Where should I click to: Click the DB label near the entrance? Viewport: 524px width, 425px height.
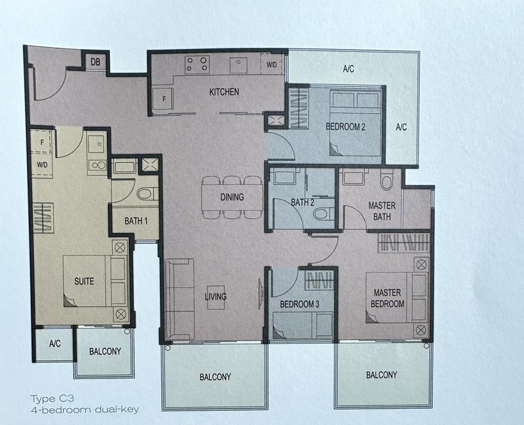tap(96, 63)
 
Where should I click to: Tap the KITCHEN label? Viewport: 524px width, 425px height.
tap(223, 92)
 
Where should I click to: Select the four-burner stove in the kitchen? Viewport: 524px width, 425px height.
tap(196, 64)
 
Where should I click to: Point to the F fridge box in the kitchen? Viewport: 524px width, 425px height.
tap(163, 100)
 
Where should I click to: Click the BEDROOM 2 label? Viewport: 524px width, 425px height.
tap(346, 127)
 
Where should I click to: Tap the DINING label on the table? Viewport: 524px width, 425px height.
tap(232, 197)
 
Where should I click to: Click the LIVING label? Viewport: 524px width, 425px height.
tap(215, 297)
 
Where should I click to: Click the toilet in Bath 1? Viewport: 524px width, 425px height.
tap(147, 193)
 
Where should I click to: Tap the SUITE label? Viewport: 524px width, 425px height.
tap(84, 282)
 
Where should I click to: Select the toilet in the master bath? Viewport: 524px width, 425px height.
tap(387, 179)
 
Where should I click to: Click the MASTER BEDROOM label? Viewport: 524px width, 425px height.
tap(388, 297)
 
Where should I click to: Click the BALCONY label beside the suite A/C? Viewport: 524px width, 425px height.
tap(105, 352)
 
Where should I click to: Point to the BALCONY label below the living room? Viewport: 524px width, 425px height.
tap(215, 377)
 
